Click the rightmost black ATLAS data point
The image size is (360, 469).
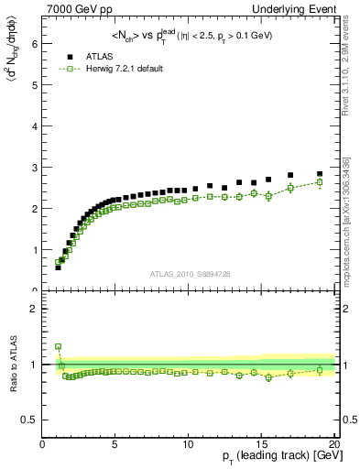(x=320, y=174)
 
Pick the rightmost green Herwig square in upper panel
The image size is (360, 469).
(x=320, y=182)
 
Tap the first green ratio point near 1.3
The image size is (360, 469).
(x=58, y=347)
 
